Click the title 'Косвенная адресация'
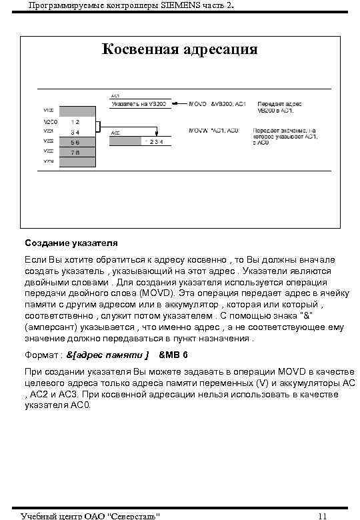(179, 50)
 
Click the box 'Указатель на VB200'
(139, 105)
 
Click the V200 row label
(50, 123)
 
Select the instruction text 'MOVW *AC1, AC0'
(214, 130)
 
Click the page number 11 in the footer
(322, 515)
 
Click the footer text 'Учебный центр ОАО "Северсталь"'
(90, 515)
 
